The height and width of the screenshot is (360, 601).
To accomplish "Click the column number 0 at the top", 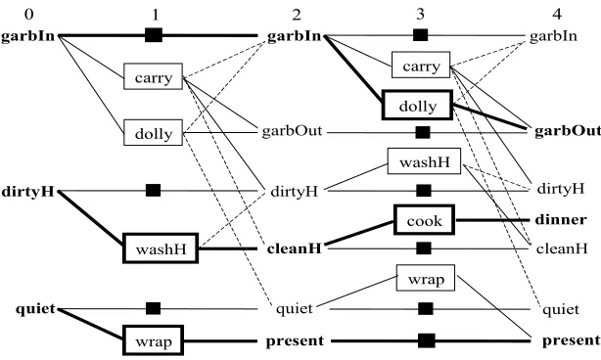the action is [x=28, y=15].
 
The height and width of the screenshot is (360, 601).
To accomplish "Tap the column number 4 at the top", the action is [x=557, y=15].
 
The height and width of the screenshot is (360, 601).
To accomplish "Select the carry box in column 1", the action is [x=153, y=76].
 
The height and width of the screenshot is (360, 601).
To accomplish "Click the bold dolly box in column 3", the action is [x=417, y=105].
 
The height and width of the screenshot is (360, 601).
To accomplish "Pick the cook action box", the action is [x=424, y=220].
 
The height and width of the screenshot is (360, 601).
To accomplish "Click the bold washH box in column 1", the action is [x=161, y=248].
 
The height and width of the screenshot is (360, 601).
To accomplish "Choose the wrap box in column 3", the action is [x=426, y=278].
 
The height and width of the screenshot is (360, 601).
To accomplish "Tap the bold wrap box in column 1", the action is [x=153, y=340].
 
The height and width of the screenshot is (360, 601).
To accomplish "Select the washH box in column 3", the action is [x=424, y=161].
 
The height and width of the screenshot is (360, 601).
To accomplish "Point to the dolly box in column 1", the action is [x=153, y=132].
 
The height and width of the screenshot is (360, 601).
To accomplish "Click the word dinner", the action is [x=561, y=220].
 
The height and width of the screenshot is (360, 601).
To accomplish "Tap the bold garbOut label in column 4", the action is [x=568, y=131].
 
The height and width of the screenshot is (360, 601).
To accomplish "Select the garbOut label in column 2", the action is [x=292, y=131].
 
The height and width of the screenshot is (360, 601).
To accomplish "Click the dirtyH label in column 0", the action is [x=28, y=191].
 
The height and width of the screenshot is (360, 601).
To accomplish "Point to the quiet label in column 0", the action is [x=35, y=309].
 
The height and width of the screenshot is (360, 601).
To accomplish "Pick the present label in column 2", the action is [x=295, y=340].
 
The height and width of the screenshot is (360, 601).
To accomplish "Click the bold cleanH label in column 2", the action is [x=294, y=248].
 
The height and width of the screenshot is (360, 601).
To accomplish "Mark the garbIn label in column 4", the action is [x=553, y=36].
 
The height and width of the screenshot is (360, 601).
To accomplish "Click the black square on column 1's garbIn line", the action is [x=154, y=35].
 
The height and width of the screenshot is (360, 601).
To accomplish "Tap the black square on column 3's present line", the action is [x=427, y=340].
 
